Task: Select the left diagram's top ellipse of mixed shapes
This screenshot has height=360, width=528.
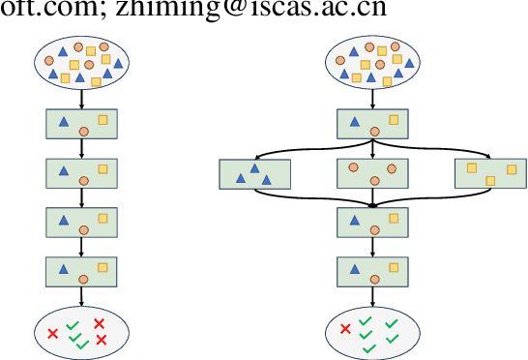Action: pos(82,61)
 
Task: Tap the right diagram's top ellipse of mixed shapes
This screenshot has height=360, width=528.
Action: pos(373,61)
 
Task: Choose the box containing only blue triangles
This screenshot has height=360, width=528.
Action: pos(255,173)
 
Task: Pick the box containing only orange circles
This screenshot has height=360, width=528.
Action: pos(373,173)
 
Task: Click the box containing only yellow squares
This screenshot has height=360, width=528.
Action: pos(490,173)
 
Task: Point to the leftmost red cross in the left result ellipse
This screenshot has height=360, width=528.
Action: pos(53,334)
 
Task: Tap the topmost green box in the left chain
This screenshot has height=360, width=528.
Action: pos(82,124)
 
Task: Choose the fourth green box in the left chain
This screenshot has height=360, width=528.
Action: pos(82,271)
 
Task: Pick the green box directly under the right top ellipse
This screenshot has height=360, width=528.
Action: pos(373,124)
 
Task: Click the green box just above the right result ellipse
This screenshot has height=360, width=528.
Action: pos(373,271)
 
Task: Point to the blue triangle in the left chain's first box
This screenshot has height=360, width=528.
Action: pos(64,122)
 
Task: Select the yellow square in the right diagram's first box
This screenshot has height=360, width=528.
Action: pos(394,120)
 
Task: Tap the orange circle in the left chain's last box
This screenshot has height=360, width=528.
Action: pos(83,279)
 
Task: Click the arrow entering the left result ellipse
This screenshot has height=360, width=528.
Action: pos(82,294)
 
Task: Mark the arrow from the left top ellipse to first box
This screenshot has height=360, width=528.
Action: pos(82,98)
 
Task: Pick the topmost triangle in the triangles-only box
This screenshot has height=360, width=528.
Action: pos(255,167)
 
